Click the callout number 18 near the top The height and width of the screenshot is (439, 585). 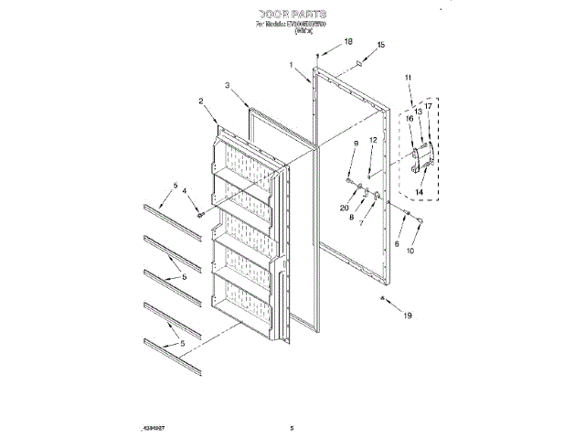pos(347,42)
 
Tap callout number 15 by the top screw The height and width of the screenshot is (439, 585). pos(381,44)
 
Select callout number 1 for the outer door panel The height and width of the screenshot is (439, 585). pos(292,65)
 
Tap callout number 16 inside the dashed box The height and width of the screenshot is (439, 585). pos(409,118)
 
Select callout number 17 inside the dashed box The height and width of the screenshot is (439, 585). pos(427,106)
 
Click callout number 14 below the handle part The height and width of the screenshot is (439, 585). pos(420,193)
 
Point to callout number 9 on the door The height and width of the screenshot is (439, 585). pos(356,145)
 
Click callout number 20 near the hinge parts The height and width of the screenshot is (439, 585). pos(344,209)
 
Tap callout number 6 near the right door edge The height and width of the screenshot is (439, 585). pos(397,244)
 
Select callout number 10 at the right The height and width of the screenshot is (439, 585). pos(409,251)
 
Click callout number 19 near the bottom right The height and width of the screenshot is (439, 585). pos(409,316)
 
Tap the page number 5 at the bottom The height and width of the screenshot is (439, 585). pos(292,426)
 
